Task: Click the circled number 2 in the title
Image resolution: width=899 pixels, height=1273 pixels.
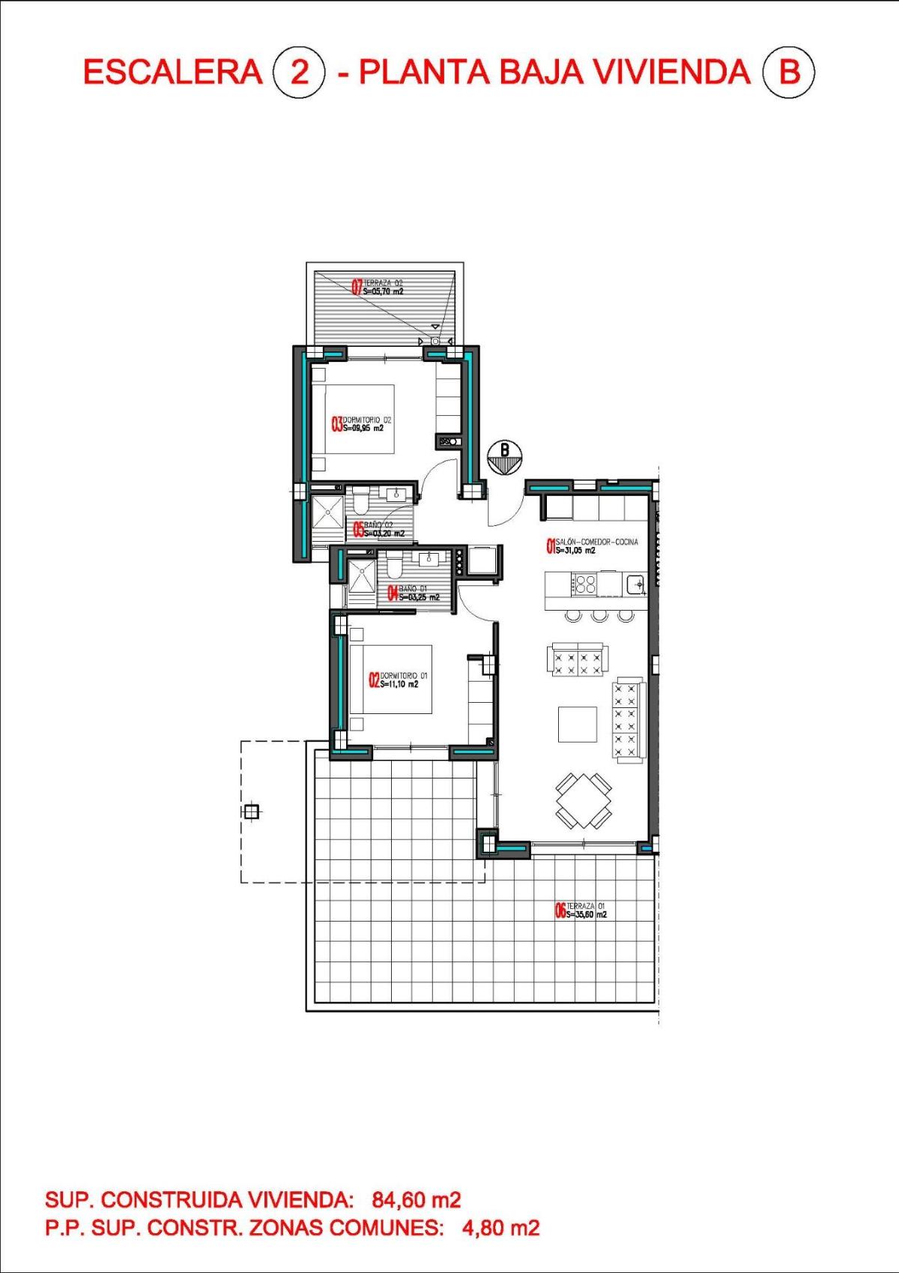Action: click(299, 73)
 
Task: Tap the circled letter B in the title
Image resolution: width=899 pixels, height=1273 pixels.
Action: click(788, 73)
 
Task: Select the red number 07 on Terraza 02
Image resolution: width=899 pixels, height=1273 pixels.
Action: click(357, 287)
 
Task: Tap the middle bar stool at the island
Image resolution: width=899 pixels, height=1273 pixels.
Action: click(599, 616)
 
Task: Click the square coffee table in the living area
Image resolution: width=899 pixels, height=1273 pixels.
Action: click(577, 725)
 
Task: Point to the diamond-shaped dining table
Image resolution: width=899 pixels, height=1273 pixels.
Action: click(583, 801)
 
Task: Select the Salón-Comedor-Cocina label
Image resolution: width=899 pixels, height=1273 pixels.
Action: click(596, 542)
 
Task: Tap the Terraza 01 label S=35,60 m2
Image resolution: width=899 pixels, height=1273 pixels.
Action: click(587, 915)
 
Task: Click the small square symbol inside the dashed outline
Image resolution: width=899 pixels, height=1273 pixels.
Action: click(252, 811)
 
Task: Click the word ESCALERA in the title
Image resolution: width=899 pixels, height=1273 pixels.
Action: click(172, 73)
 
